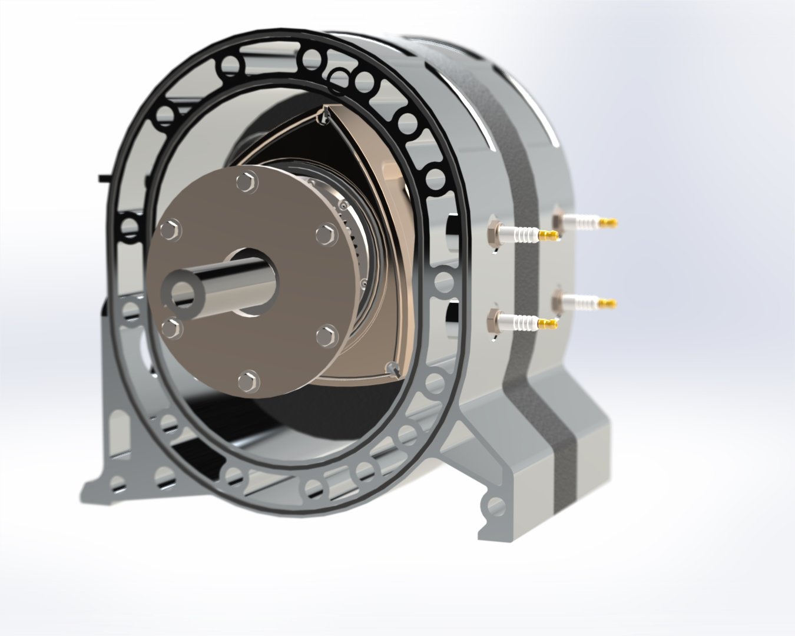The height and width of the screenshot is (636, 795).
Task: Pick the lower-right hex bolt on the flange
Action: tap(325, 336)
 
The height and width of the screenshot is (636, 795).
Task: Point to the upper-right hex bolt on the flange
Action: tap(325, 234)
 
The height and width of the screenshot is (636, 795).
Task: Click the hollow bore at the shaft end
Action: tap(180, 292)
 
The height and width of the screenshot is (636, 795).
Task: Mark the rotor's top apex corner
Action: tap(323, 115)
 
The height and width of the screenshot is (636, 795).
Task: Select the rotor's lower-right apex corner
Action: tap(392, 369)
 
